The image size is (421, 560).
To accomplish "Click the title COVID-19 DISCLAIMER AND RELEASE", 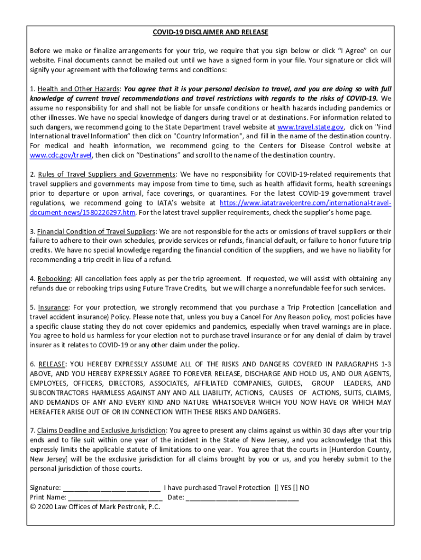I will pos(210,32).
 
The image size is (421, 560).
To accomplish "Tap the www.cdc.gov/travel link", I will pos(61,155).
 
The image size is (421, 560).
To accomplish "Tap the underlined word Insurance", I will pos(53,307).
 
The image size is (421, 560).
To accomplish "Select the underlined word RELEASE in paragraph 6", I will pos(51,364).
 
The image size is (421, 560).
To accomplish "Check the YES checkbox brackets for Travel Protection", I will pos(277,488).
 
